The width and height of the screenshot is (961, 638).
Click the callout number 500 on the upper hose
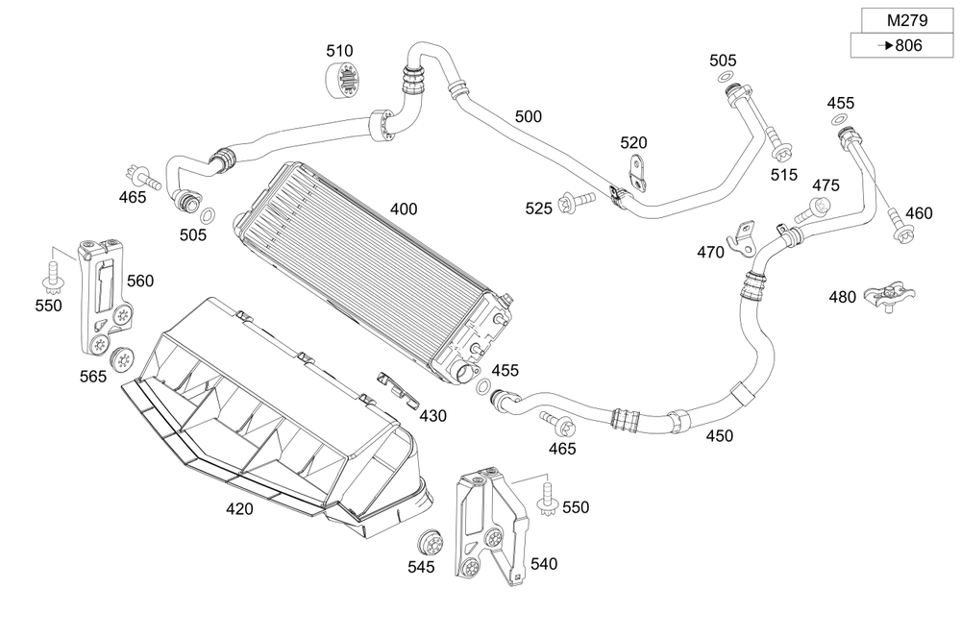coord(528,116)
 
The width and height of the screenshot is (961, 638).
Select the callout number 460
coord(919,213)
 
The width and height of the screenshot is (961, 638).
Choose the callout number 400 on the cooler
coord(404,209)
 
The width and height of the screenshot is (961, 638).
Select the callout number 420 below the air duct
coord(239,508)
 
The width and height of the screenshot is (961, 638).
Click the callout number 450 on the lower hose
coord(719,435)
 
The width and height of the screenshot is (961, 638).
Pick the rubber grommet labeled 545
coord(431,539)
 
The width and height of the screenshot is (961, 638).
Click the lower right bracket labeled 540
coord(488,528)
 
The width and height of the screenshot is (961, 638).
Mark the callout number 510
coord(339,51)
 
